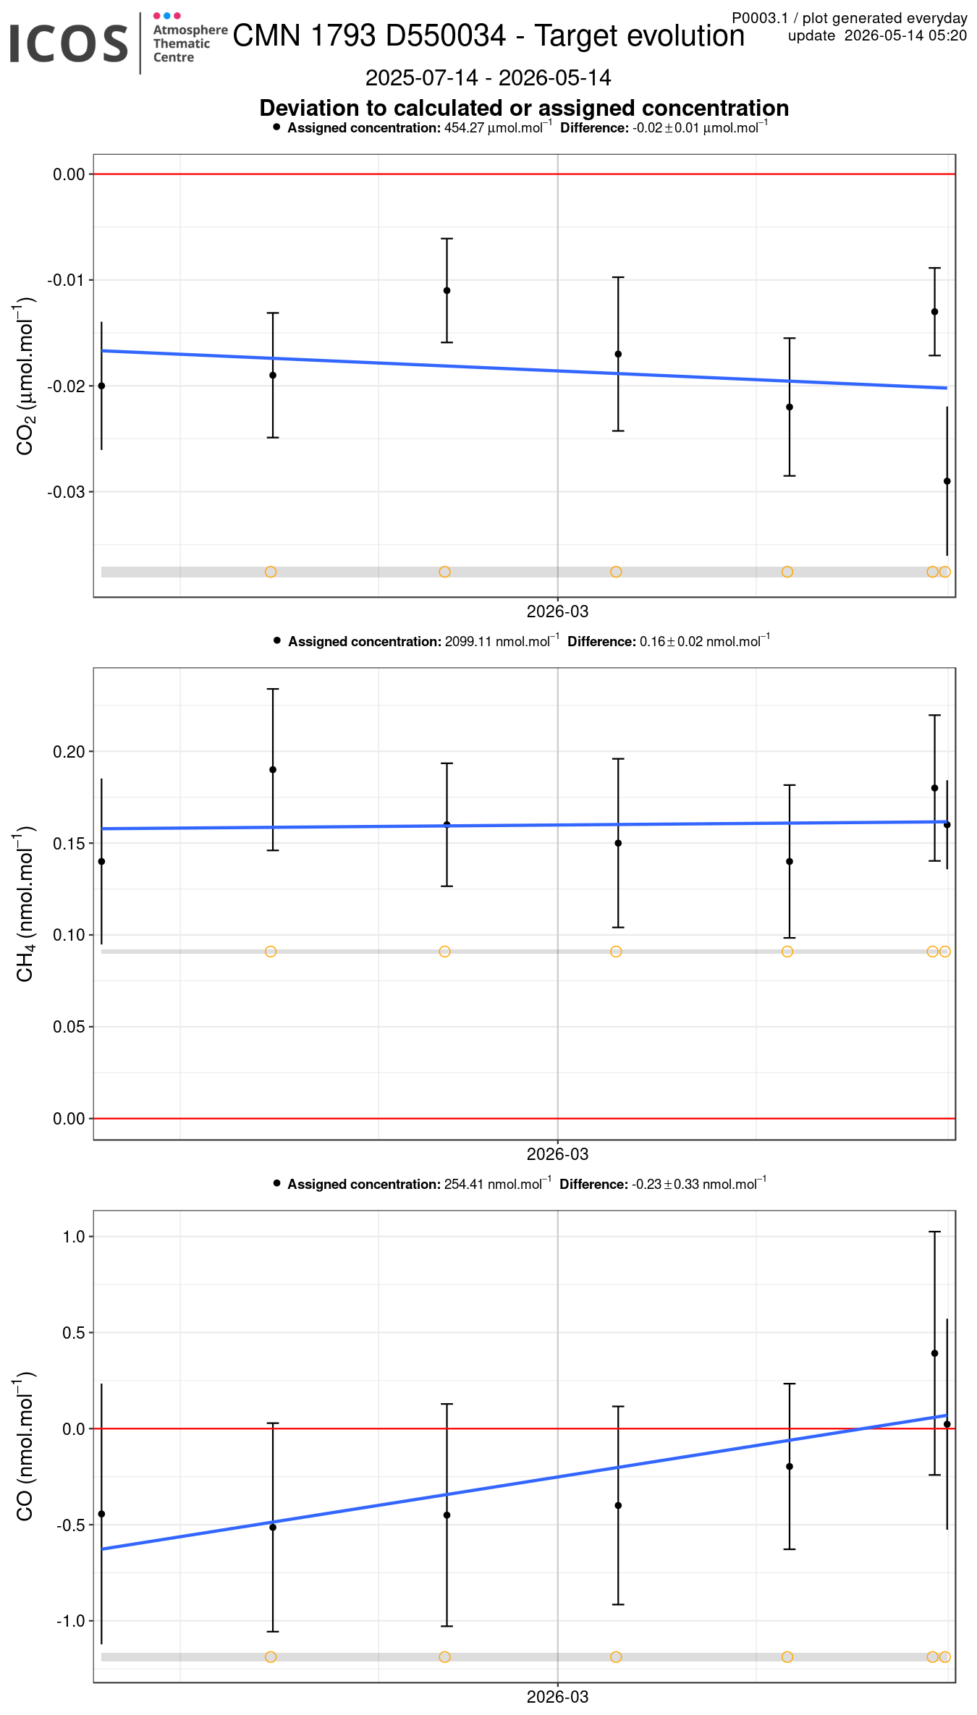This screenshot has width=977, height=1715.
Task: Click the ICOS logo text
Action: pyautogui.click(x=69, y=43)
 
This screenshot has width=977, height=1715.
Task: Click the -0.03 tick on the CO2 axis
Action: pyautogui.click(x=66, y=492)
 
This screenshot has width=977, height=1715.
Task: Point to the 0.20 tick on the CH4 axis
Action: pyautogui.click(x=69, y=752)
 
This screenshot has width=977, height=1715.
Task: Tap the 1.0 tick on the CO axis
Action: pyautogui.click(x=74, y=1237)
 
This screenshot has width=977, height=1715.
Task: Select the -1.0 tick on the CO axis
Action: pyautogui.click(x=71, y=1621)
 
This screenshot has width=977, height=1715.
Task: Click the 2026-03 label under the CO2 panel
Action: pyautogui.click(x=557, y=611)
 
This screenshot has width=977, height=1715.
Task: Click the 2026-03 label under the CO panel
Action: pyautogui.click(x=557, y=1697)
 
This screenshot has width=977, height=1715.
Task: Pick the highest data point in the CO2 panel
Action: pyautogui.click(x=447, y=291)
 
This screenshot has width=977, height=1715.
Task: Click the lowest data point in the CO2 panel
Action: pyautogui.click(x=947, y=481)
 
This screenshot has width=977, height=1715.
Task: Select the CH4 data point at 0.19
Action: pyautogui.click(x=273, y=770)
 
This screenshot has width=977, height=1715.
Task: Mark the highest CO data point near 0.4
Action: pyautogui.click(x=934, y=1353)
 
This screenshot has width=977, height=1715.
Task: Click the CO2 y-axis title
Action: pyautogui.click(x=25, y=376)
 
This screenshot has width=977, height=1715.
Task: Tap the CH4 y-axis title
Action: pyautogui.click(x=25, y=904)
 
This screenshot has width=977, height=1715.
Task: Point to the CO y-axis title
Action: pyautogui.click(x=25, y=1446)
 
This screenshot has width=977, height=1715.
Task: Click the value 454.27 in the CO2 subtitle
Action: pyautogui.click(x=464, y=128)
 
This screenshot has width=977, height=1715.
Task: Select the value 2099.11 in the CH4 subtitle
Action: pyautogui.click(x=468, y=642)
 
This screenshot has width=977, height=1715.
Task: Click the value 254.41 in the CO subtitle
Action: pyautogui.click(x=464, y=1185)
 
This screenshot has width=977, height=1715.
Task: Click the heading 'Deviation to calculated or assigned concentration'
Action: pyautogui.click(x=524, y=108)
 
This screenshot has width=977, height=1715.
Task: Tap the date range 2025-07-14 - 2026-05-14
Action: pyautogui.click(x=488, y=77)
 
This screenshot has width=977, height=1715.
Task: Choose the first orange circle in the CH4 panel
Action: pyautogui.click(x=271, y=952)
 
